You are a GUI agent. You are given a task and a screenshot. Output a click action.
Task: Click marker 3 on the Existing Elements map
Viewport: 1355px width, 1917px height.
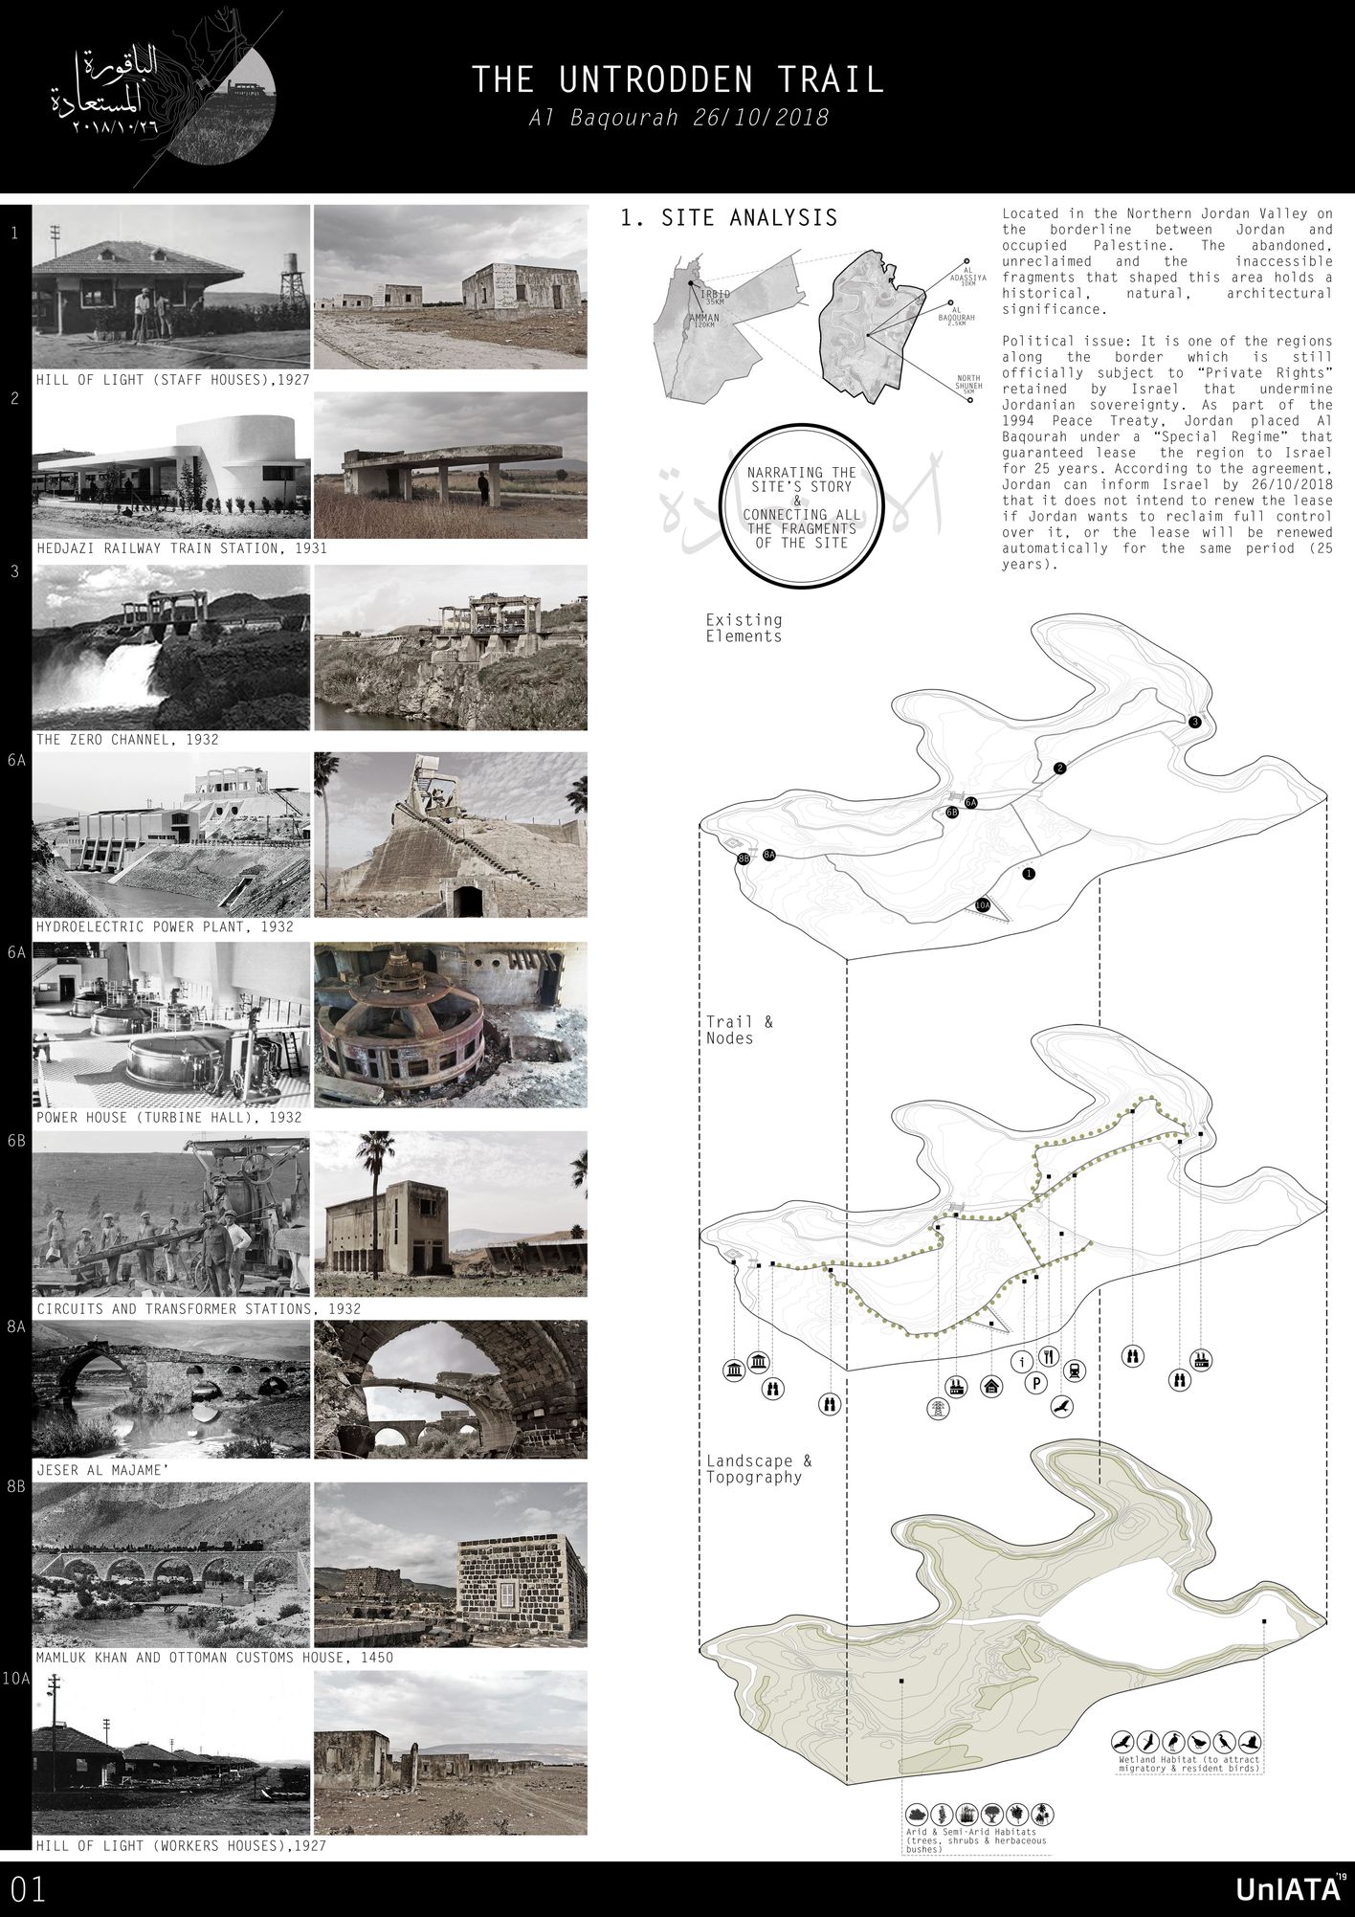pos(1194,723)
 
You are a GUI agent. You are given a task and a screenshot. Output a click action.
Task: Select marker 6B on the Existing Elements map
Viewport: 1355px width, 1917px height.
pos(951,813)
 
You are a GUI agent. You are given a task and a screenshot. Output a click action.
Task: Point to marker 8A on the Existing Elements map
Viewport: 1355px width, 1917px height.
pos(769,854)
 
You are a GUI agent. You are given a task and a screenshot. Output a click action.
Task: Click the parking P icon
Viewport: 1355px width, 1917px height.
pos(1035,1382)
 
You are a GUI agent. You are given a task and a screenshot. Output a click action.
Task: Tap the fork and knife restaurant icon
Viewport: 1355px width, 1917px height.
pos(1049,1355)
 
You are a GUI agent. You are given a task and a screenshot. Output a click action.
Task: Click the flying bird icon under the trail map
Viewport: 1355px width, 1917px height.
pos(1060,1406)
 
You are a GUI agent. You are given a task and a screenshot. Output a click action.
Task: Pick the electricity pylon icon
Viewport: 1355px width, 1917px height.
pos(937,1408)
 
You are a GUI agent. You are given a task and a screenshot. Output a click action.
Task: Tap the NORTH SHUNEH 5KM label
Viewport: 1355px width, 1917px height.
pos(968,384)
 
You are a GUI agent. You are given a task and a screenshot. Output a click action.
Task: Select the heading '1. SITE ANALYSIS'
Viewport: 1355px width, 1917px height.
pos(728,218)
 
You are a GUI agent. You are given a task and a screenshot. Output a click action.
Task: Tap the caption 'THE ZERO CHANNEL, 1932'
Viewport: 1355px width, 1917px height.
pos(127,740)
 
